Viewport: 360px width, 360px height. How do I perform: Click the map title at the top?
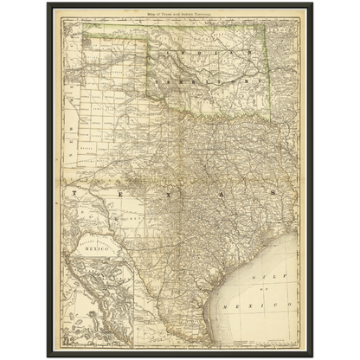[178, 15]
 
